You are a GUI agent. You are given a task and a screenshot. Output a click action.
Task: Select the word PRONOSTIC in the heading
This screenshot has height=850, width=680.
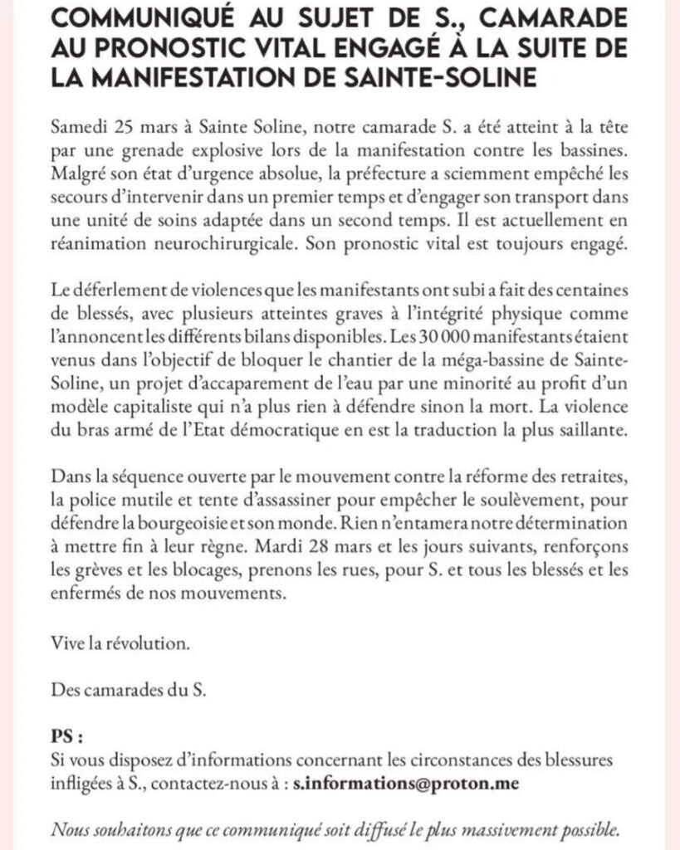[x=186, y=49]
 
